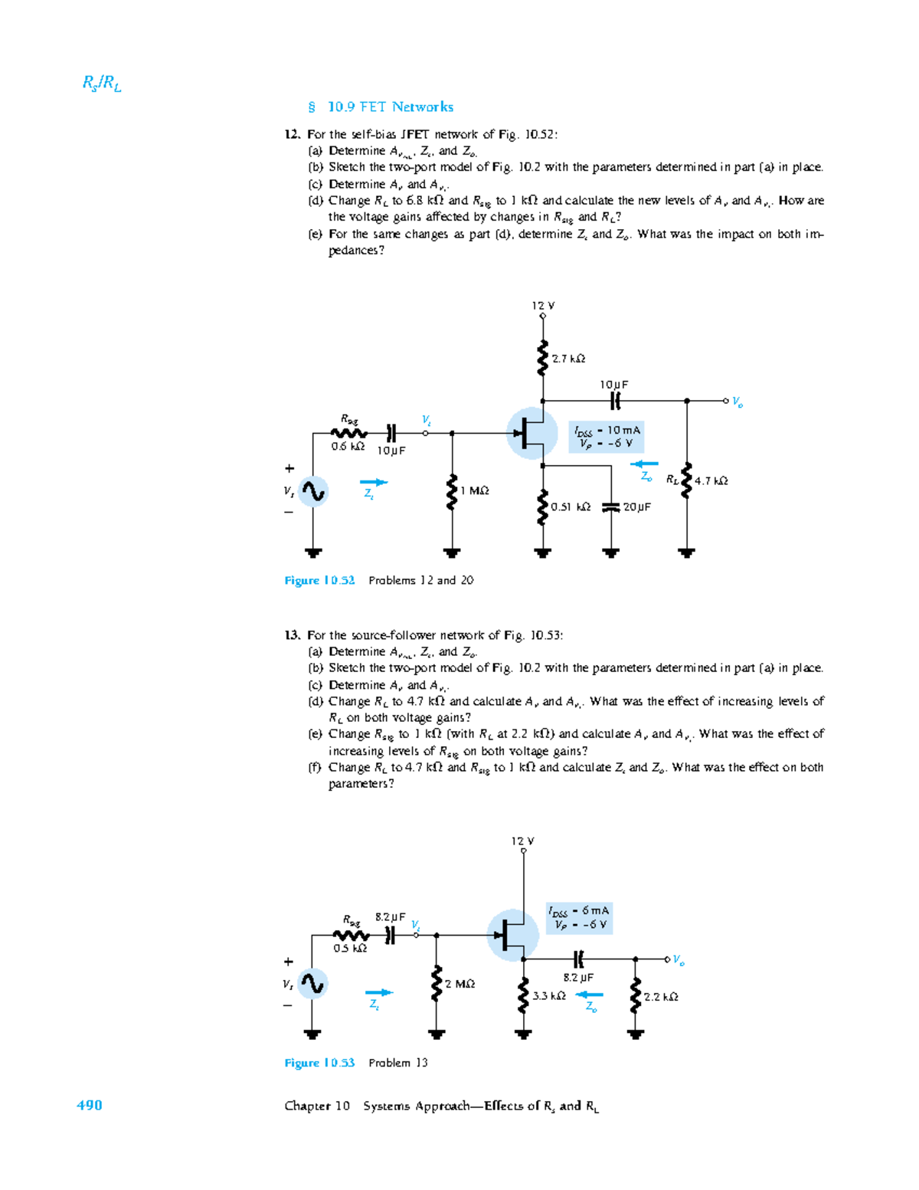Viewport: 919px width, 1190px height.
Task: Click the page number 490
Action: (x=89, y=1105)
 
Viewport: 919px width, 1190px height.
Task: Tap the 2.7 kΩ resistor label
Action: (x=568, y=359)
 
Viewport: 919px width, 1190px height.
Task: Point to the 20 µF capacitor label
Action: (x=636, y=507)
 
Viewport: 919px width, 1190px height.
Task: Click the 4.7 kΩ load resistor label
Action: (x=711, y=481)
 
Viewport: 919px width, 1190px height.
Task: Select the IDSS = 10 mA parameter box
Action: (x=607, y=437)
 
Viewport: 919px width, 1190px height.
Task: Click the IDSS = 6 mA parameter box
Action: (x=580, y=918)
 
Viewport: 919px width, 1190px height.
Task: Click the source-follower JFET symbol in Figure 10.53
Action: (x=512, y=935)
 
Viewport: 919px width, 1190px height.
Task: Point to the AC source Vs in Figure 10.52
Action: (x=312, y=491)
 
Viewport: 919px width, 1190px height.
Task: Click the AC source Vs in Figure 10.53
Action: (x=312, y=983)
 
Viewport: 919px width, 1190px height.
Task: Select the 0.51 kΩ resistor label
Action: (x=571, y=507)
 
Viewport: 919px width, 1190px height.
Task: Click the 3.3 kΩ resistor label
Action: (x=549, y=996)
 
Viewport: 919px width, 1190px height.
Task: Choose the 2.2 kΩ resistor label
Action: (x=661, y=997)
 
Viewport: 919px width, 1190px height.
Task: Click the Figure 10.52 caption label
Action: (x=319, y=581)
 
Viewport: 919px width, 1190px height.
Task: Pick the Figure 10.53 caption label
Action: (x=319, y=1063)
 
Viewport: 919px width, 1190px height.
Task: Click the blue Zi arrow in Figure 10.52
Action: (x=374, y=483)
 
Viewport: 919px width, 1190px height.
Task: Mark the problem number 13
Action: (x=292, y=635)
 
